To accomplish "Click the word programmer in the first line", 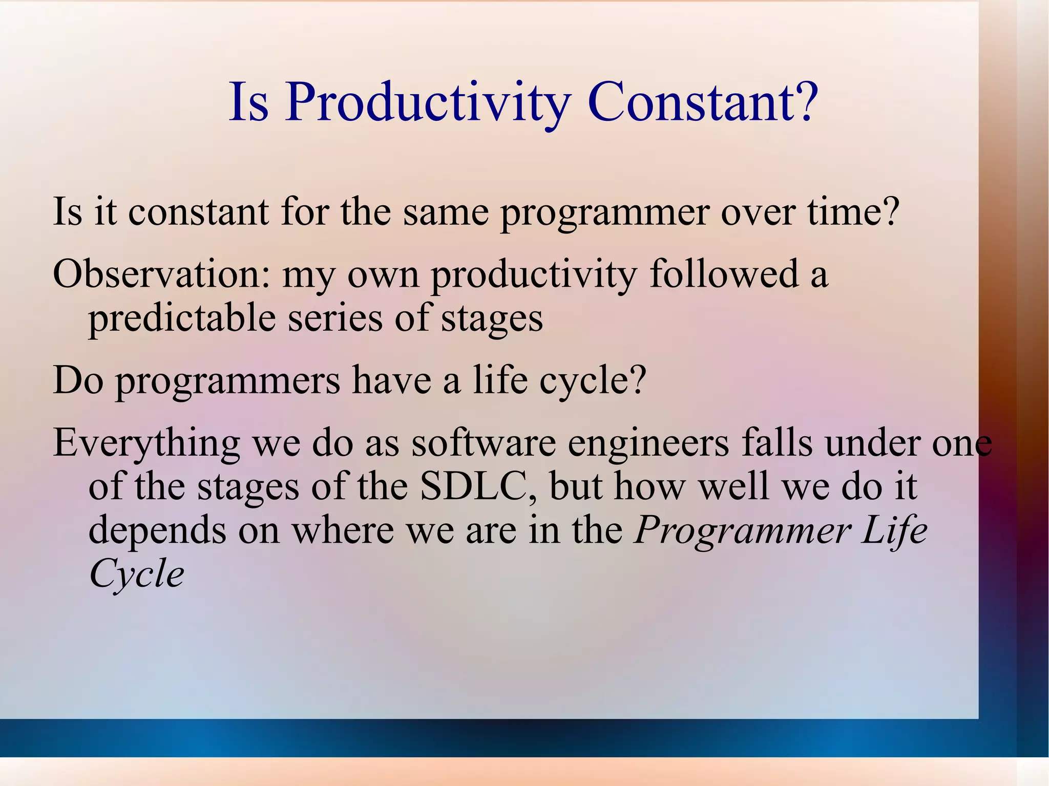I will click(x=605, y=213).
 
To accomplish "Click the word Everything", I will click(x=146, y=443).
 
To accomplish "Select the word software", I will click(x=484, y=442).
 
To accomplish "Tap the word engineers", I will click(x=648, y=443).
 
